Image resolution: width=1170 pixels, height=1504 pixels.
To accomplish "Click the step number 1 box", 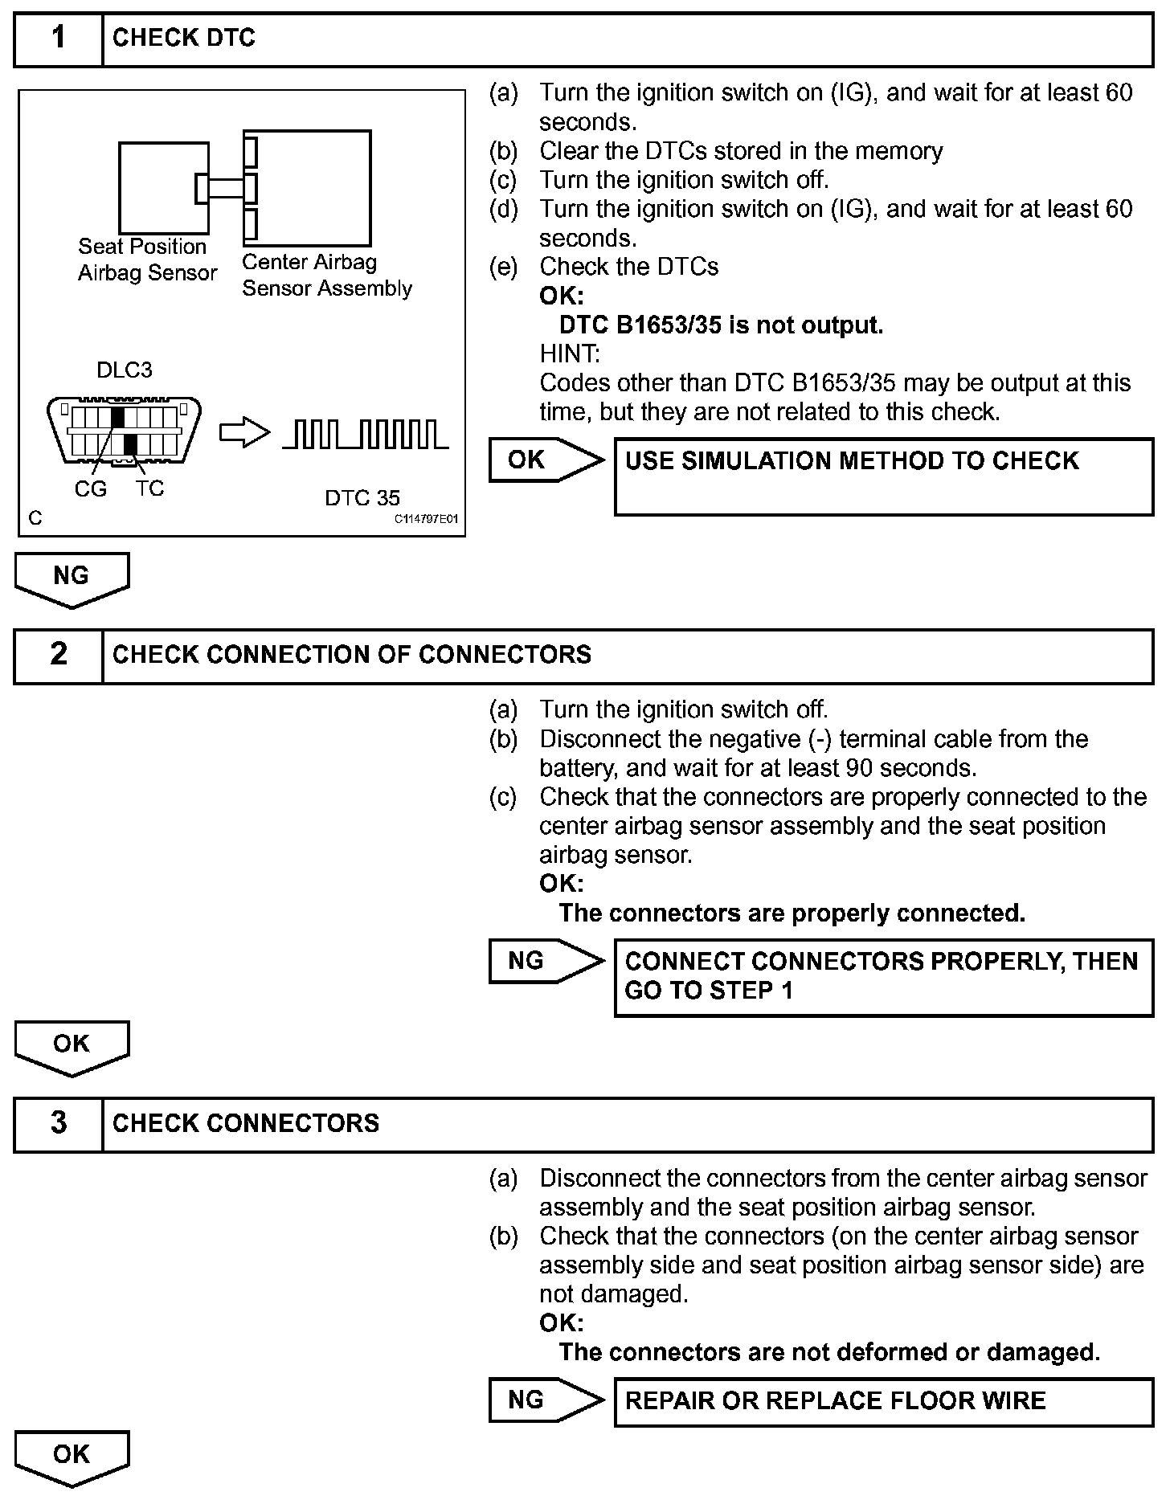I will click(59, 39).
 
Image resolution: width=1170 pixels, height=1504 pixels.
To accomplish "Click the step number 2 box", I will click(59, 655).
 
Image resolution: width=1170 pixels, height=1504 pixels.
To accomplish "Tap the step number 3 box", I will click(59, 1123).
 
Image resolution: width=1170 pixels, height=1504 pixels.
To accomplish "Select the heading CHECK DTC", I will click(183, 39).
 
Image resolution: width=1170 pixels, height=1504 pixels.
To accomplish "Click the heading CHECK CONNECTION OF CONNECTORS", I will click(351, 655).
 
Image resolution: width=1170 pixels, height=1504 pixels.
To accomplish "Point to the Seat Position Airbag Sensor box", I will click(163, 188).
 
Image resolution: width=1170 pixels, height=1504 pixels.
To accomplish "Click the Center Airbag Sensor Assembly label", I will click(326, 276).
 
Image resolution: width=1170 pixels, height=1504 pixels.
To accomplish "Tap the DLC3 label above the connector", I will click(125, 370).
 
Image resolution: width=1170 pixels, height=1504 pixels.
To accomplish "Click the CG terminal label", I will click(90, 488).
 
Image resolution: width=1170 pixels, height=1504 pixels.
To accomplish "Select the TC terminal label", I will click(149, 488).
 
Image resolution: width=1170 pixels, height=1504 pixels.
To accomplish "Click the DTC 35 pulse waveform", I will click(365, 435).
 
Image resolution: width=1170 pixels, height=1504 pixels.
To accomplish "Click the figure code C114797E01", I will click(426, 519).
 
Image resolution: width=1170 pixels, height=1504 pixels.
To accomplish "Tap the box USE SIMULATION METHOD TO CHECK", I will click(883, 476).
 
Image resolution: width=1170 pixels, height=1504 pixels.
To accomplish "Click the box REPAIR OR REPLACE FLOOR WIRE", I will click(883, 1402).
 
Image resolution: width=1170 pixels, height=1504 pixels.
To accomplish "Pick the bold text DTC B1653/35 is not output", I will click(721, 325).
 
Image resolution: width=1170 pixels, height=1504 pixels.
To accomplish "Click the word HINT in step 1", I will click(569, 354).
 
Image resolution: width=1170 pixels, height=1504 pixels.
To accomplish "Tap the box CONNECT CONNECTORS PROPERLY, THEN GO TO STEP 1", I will click(883, 977).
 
